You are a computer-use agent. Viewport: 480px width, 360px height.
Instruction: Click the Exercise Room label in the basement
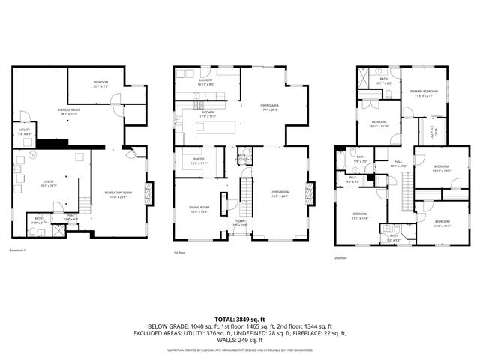70,110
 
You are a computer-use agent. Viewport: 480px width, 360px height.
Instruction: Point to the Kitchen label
207,115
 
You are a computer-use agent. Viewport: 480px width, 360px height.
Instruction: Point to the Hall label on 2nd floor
399,164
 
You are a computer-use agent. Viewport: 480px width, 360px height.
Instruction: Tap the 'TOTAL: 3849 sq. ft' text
240,319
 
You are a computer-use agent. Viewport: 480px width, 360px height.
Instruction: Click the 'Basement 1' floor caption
18,250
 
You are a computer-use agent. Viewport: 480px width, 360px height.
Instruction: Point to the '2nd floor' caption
340,257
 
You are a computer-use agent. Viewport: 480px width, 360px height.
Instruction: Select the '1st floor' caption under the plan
179,253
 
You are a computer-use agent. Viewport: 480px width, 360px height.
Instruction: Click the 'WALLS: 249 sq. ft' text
240,341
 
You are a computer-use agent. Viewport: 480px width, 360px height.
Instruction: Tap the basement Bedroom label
101,82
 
